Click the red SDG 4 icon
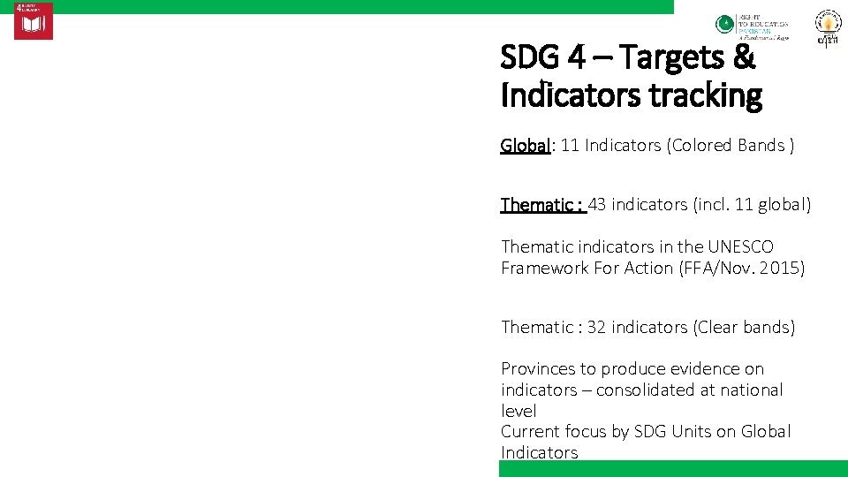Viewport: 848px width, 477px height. point(33,21)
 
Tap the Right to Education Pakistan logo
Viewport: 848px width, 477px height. point(752,27)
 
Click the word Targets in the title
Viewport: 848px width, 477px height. point(674,58)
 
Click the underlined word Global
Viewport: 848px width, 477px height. point(526,145)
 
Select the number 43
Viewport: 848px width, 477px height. point(597,204)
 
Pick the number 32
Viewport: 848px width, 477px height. point(596,327)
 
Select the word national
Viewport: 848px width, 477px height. point(750,390)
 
